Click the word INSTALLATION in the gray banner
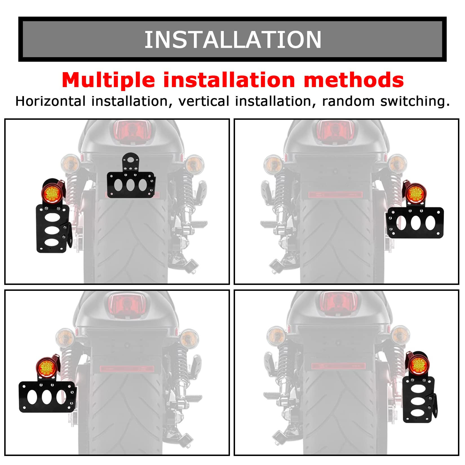[x=232, y=40]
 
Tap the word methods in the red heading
[x=354, y=80]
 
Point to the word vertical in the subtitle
[x=203, y=101]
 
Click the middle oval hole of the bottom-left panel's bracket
[x=46, y=397]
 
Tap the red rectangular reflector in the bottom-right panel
[x=338, y=366]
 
